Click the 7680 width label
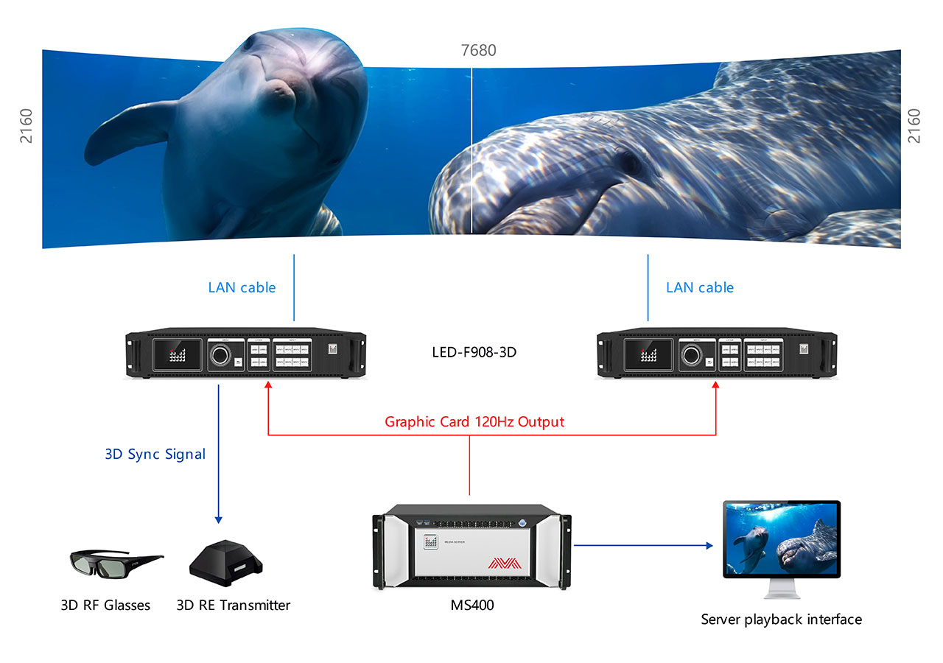pyautogui.click(x=478, y=51)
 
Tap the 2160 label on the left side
pyautogui.click(x=27, y=126)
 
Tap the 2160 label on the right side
pyautogui.click(x=914, y=126)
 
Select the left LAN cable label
pyautogui.click(x=242, y=287)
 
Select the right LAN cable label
pyautogui.click(x=700, y=287)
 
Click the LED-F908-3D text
pyautogui.click(x=474, y=352)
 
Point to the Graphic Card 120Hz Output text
pyautogui.click(x=474, y=422)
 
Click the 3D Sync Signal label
pyautogui.click(x=155, y=454)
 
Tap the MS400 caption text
pyautogui.click(x=472, y=606)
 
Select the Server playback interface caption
pyautogui.click(x=781, y=620)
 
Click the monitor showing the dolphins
pyautogui.click(x=781, y=539)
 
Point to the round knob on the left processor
pyautogui.click(x=220, y=355)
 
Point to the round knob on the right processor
pyautogui.click(x=691, y=355)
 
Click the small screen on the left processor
pyautogui.click(x=177, y=355)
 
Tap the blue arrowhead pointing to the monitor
pyautogui.click(x=709, y=546)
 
